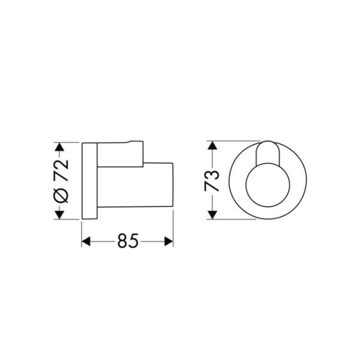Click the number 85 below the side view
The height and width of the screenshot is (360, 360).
127,241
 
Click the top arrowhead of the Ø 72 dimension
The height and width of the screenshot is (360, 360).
59,146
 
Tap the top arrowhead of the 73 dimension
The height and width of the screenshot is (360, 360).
211,146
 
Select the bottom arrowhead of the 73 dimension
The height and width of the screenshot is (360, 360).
211,216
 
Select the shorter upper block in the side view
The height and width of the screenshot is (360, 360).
120,154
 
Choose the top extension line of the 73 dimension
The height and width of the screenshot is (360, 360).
231,142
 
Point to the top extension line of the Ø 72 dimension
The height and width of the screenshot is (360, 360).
69,143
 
